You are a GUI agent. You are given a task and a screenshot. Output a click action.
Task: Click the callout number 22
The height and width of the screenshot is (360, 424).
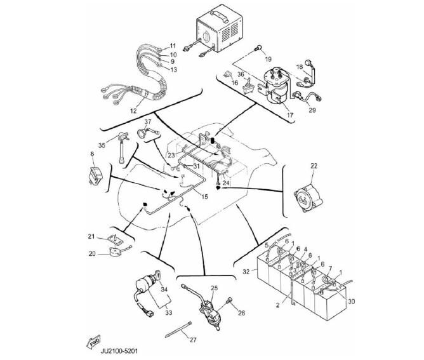click(x=313, y=166)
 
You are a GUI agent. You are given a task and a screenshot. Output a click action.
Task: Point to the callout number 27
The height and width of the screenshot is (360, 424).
click(x=193, y=340)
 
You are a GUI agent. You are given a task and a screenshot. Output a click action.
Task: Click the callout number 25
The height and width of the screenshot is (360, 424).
click(x=215, y=289)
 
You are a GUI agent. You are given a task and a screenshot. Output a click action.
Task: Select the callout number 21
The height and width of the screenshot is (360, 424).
click(x=91, y=236)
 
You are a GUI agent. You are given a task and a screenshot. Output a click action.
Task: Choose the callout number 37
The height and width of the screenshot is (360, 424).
click(x=147, y=121)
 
